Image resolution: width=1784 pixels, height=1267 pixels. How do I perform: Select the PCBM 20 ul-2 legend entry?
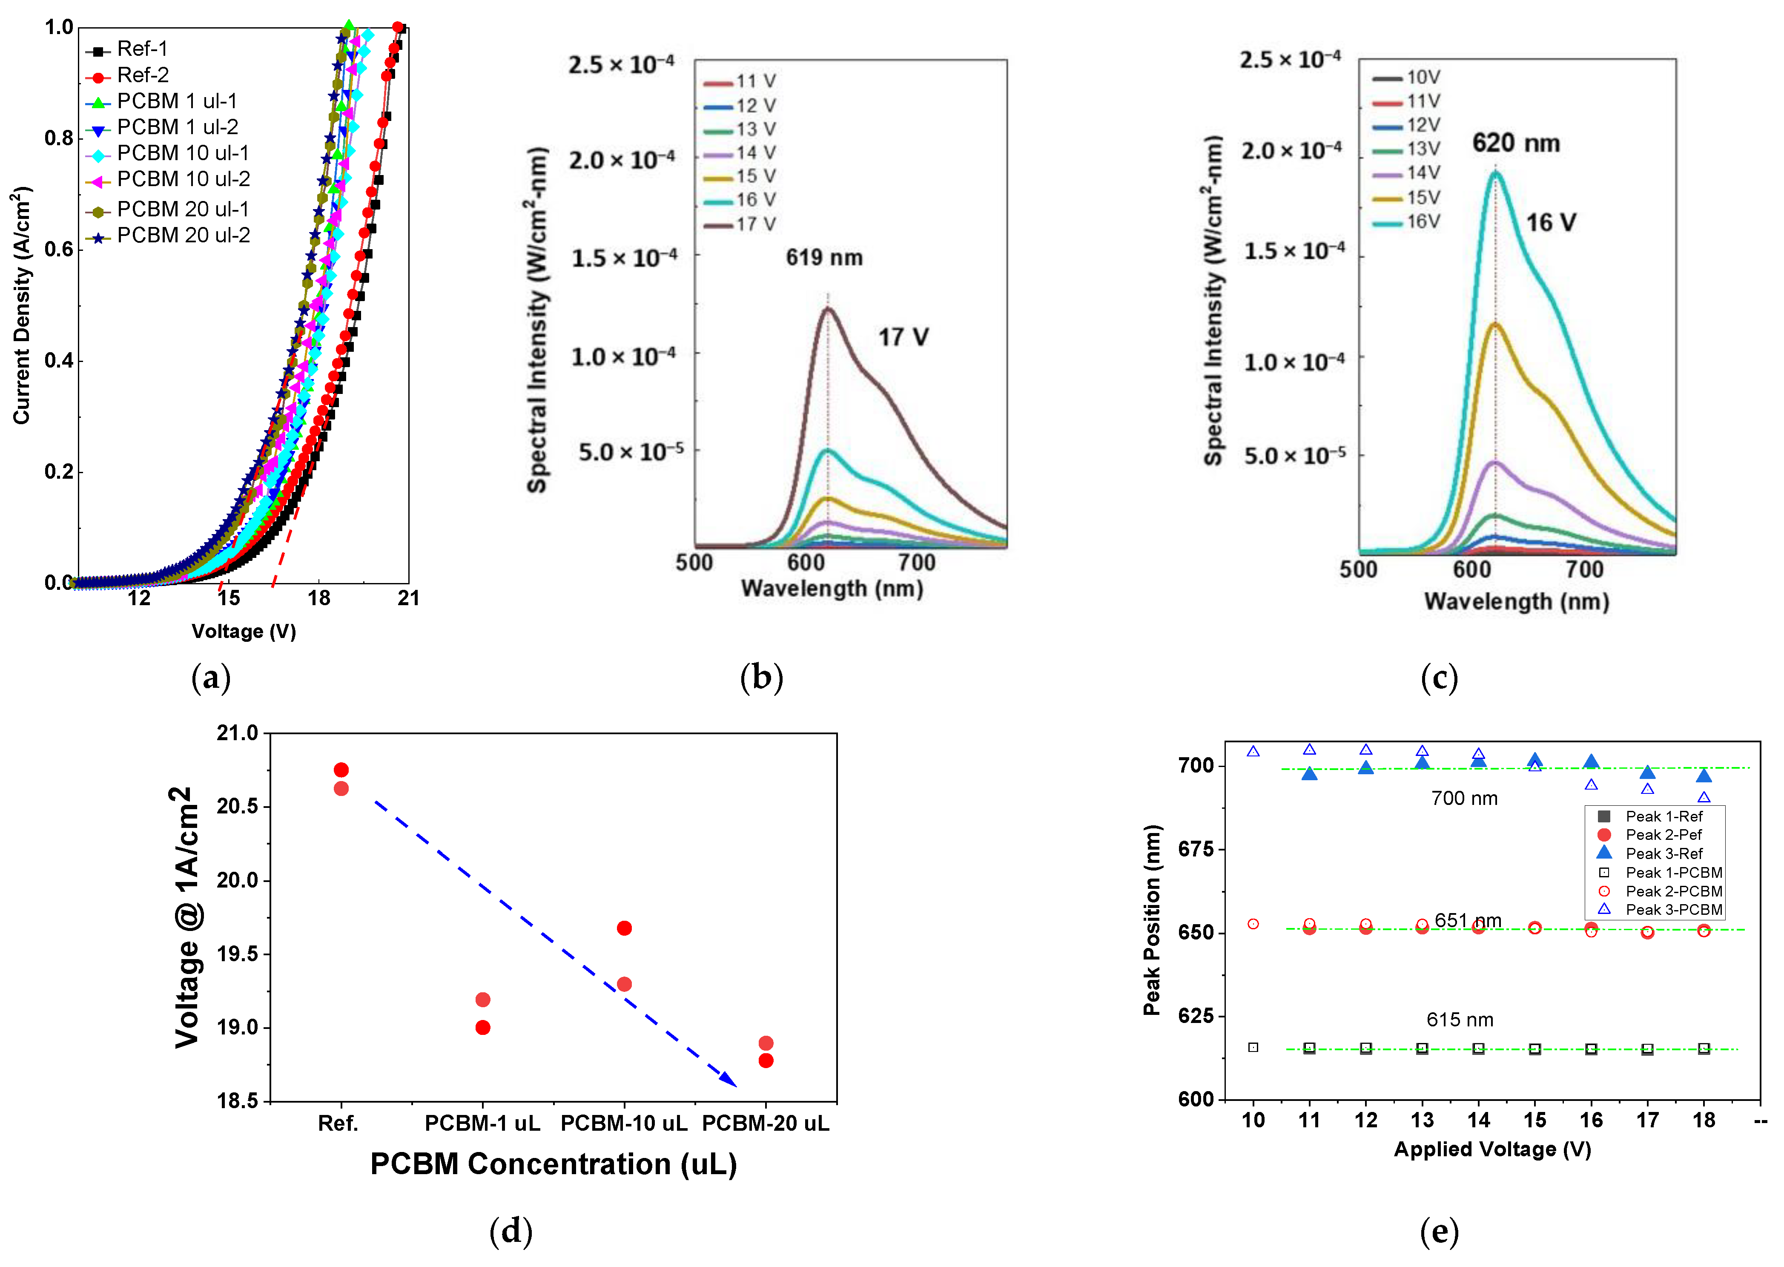point(184,236)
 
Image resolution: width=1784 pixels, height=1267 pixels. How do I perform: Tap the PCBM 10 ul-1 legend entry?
point(184,153)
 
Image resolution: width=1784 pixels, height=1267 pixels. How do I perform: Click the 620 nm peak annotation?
point(1516,144)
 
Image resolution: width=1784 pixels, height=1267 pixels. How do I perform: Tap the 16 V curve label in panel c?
point(1551,223)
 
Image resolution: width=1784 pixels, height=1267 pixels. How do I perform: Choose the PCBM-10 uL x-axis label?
point(624,1123)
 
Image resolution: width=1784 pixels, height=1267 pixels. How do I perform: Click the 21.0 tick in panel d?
point(237,733)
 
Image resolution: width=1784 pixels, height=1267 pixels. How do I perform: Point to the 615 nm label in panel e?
point(1460,1020)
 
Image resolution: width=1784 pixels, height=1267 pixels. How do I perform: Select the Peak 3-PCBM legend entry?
point(1673,910)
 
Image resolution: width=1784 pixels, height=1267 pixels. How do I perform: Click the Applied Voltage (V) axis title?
point(1492,1149)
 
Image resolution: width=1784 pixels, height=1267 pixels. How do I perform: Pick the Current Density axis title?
point(22,306)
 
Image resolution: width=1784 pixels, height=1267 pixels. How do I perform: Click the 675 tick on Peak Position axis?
point(1196,849)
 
